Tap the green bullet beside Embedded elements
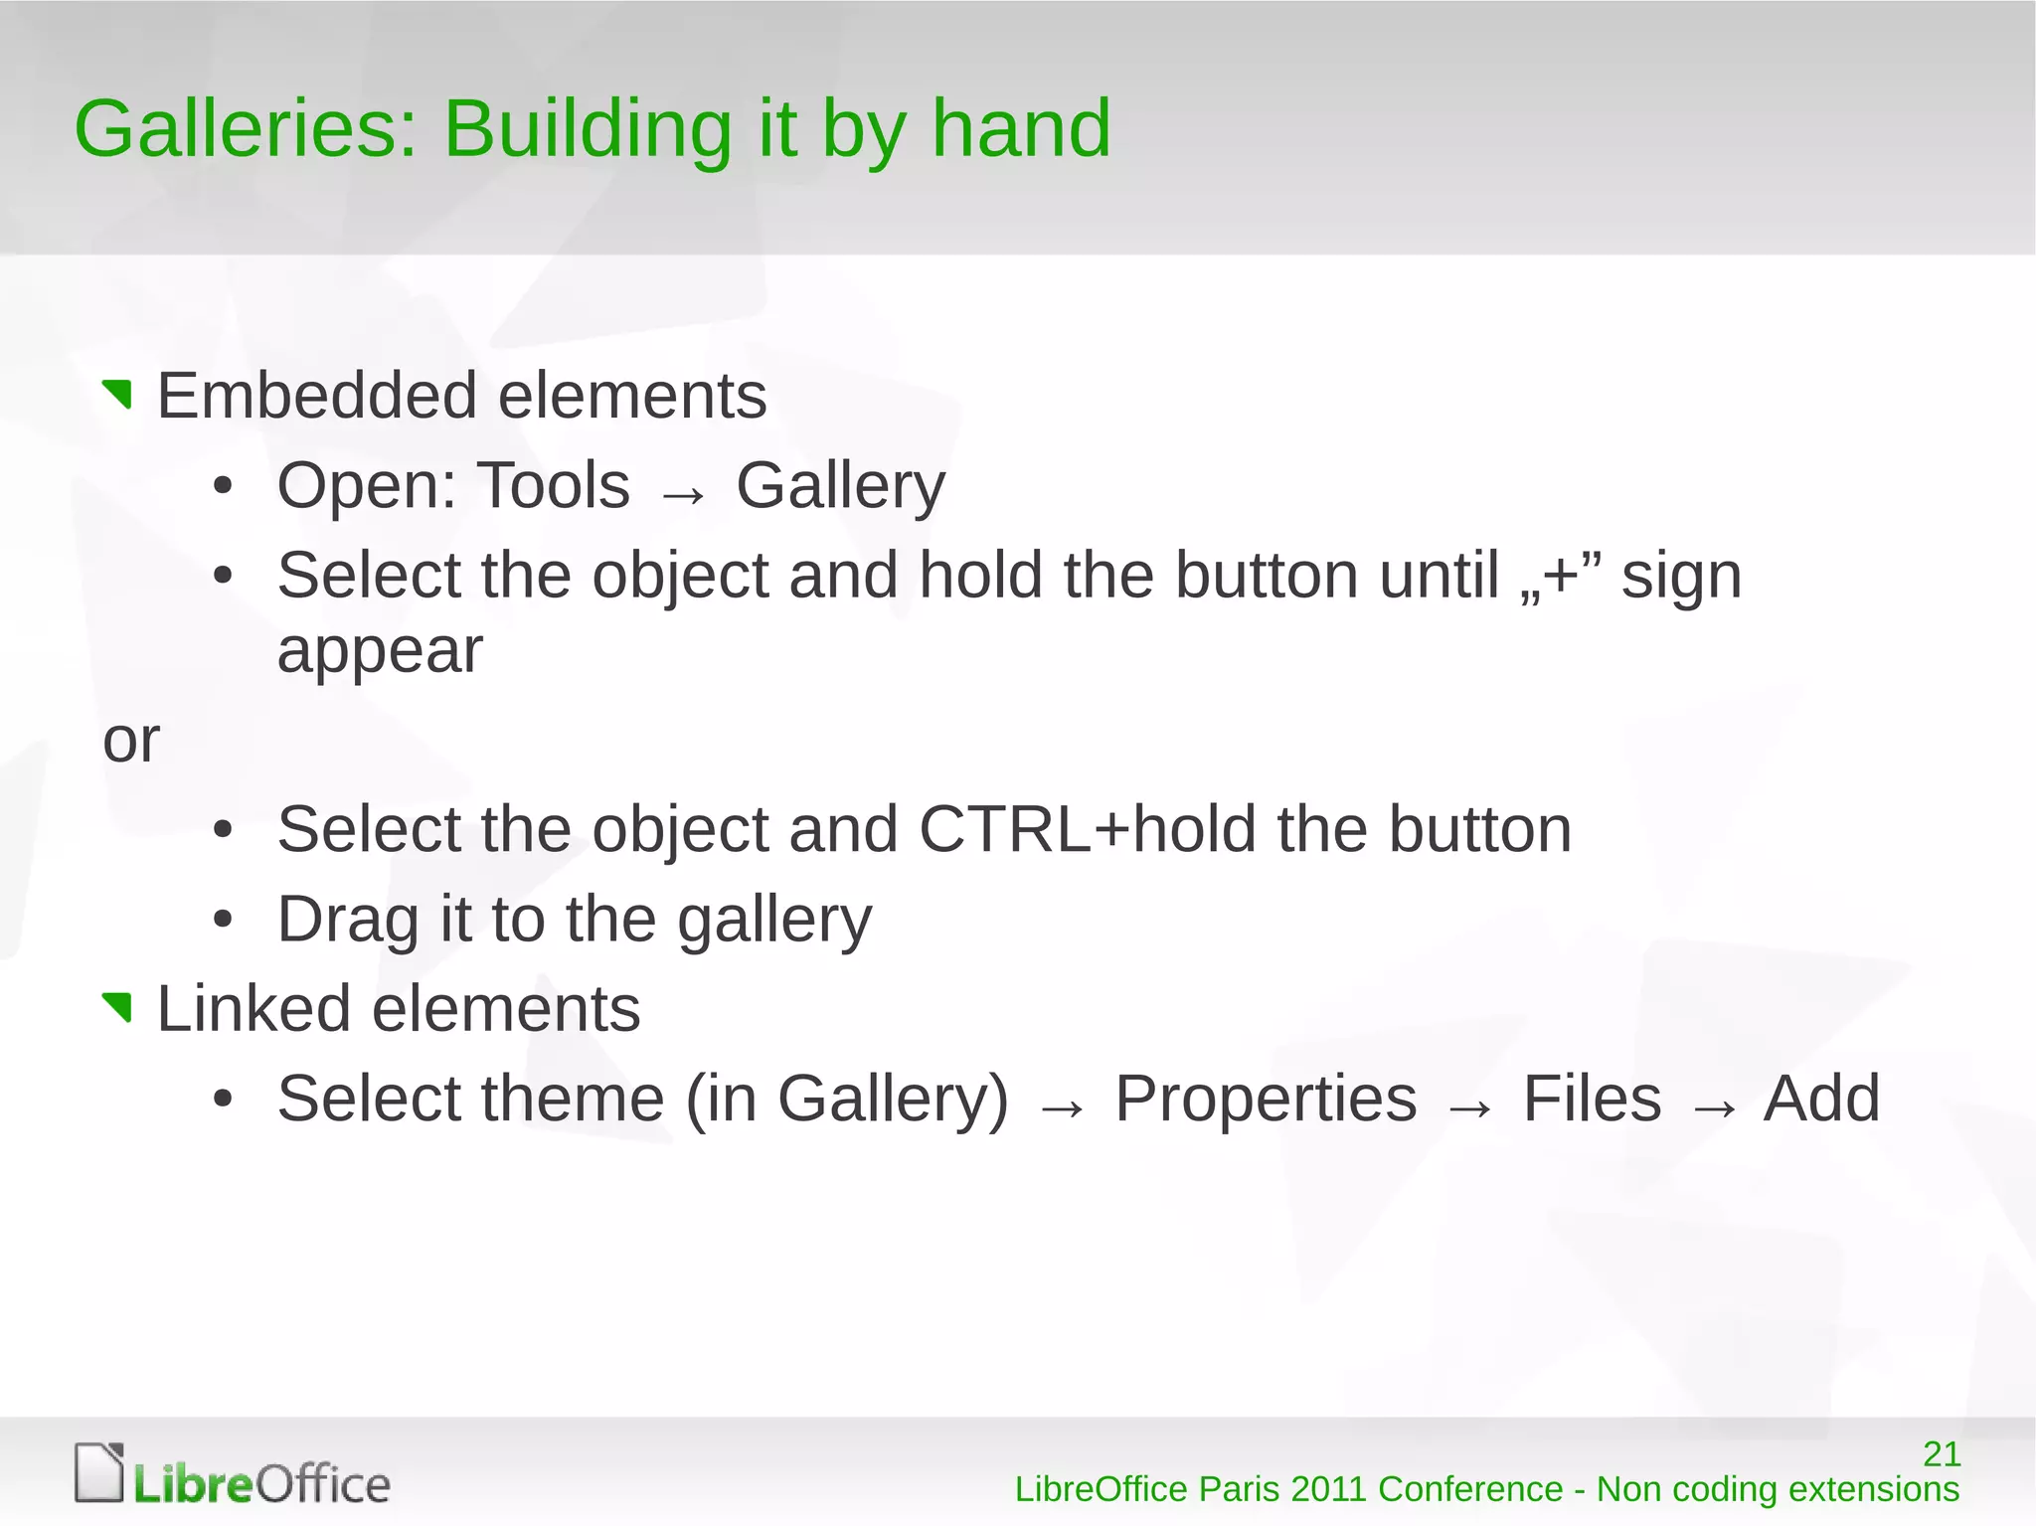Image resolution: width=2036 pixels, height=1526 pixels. pyautogui.click(x=118, y=395)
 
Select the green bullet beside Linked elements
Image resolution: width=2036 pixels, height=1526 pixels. pyautogui.click(x=118, y=1007)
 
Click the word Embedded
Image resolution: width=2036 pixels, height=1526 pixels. pyautogui.click(x=317, y=396)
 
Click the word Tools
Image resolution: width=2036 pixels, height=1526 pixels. pyautogui.click(x=553, y=486)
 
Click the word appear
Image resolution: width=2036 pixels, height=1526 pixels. pyautogui.click(x=380, y=651)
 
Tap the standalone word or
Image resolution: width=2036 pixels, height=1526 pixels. pyautogui.click(x=130, y=741)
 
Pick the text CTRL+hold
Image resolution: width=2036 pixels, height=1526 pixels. pyautogui.click(x=1087, y=829)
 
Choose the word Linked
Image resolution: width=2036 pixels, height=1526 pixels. pyautogui.click(x=254, y=1009)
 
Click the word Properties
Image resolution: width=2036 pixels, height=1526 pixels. pyautogui.click(x=1266, y=1099)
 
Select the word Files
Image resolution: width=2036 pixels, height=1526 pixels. pyautogui.click(x=1592, y=1099)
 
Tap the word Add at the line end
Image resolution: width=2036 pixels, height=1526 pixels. pyautogui.click(x=1821, y=1099)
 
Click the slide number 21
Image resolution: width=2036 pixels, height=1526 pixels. pyautogui.click(x=1942, y=1453)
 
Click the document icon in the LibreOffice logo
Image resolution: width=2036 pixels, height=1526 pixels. pyautogui.click(x=99, y=1471)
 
